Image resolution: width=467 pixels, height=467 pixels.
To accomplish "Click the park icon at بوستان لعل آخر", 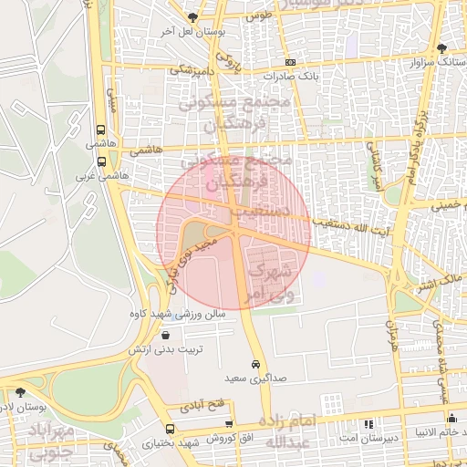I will tap(192, 17).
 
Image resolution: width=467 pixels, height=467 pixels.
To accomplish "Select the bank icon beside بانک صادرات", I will tap(290, 61).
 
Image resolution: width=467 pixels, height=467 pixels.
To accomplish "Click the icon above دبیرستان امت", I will tap(368, 424).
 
